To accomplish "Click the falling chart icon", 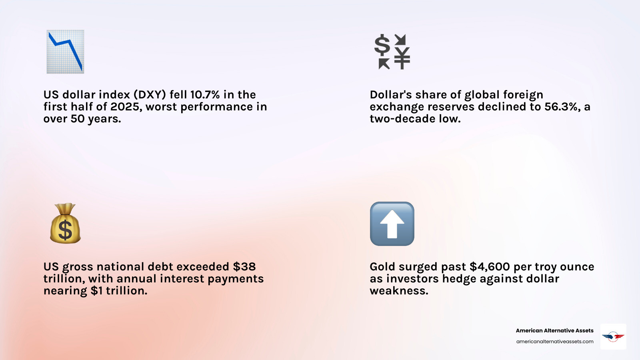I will point(65,52).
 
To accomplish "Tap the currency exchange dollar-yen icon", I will point(392,52).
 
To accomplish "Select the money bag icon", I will point(65,224).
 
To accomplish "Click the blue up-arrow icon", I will point(392,224).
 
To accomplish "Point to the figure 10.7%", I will point(205,95).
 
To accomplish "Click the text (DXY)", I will point(150,95).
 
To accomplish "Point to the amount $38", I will point(244,267).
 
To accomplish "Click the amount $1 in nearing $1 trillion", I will point(96,291).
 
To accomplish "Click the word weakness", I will point(399,291).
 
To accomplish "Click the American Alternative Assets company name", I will point(554,330).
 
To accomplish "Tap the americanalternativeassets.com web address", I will point(554,342).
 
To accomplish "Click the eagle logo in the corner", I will point(613,336).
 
